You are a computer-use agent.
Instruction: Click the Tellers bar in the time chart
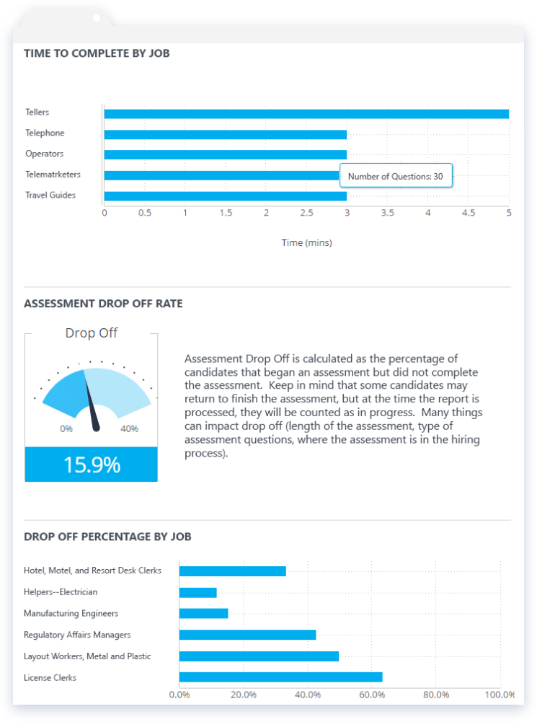point(306,114)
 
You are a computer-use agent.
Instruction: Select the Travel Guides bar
point(226,196)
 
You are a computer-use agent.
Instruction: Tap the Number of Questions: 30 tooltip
point(396,175)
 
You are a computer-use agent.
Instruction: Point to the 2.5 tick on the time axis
point(307,213)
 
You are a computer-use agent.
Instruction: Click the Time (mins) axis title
point(307,242)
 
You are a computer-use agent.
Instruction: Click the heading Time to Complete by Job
point(97,53)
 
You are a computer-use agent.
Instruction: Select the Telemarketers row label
point(53,174)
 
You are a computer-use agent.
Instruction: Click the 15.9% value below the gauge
point(92,465)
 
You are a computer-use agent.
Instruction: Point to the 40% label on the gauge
point(129,428)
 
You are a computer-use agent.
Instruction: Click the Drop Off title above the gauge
point(92,333)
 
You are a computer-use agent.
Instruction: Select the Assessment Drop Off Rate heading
point(104,304)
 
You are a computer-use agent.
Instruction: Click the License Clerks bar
point(280,677)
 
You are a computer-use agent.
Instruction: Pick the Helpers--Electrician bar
point(198,593)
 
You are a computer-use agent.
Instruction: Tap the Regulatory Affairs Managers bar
point(247,635)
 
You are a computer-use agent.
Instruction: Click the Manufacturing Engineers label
point(71,613)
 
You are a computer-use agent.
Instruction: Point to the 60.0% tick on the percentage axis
point(372,695)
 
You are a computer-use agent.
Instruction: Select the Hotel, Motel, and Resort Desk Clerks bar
point(233,571)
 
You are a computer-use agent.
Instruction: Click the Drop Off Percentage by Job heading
point(107,537)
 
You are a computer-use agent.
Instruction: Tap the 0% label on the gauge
point(66,428)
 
